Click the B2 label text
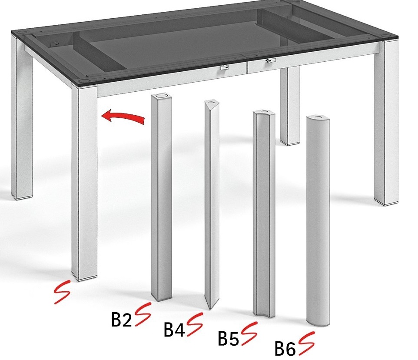click(x=122, y=320)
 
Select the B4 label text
click(x=174, y=330)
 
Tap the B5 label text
click(x=229, y=338)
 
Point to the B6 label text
click(x=285, y=349)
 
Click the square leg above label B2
click(x=162, y=197)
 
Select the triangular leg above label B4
click(x=212, y=205)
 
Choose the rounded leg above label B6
click(x=318, y=220)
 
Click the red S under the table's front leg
click(x=63, y=292)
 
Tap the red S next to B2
click(x=143, y=314)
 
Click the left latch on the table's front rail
click(x=225, y=67)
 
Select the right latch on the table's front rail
click(x=270, y=61)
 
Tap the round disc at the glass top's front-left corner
click(x=83, y=80)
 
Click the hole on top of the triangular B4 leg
click(x=212, y=102)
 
